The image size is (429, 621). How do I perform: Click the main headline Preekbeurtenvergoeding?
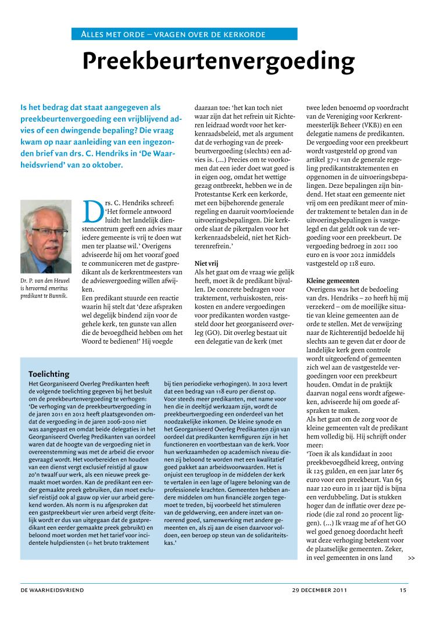click(218, 61)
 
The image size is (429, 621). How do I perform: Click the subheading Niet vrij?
click(206, 263)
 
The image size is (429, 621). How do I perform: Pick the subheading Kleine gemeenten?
click(333, 281)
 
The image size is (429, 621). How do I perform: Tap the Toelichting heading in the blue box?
click(49, 374)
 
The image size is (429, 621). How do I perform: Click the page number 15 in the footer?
click(403, 590)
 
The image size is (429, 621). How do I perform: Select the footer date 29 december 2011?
click(320, 590)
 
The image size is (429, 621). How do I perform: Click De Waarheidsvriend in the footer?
click(52, 590)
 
